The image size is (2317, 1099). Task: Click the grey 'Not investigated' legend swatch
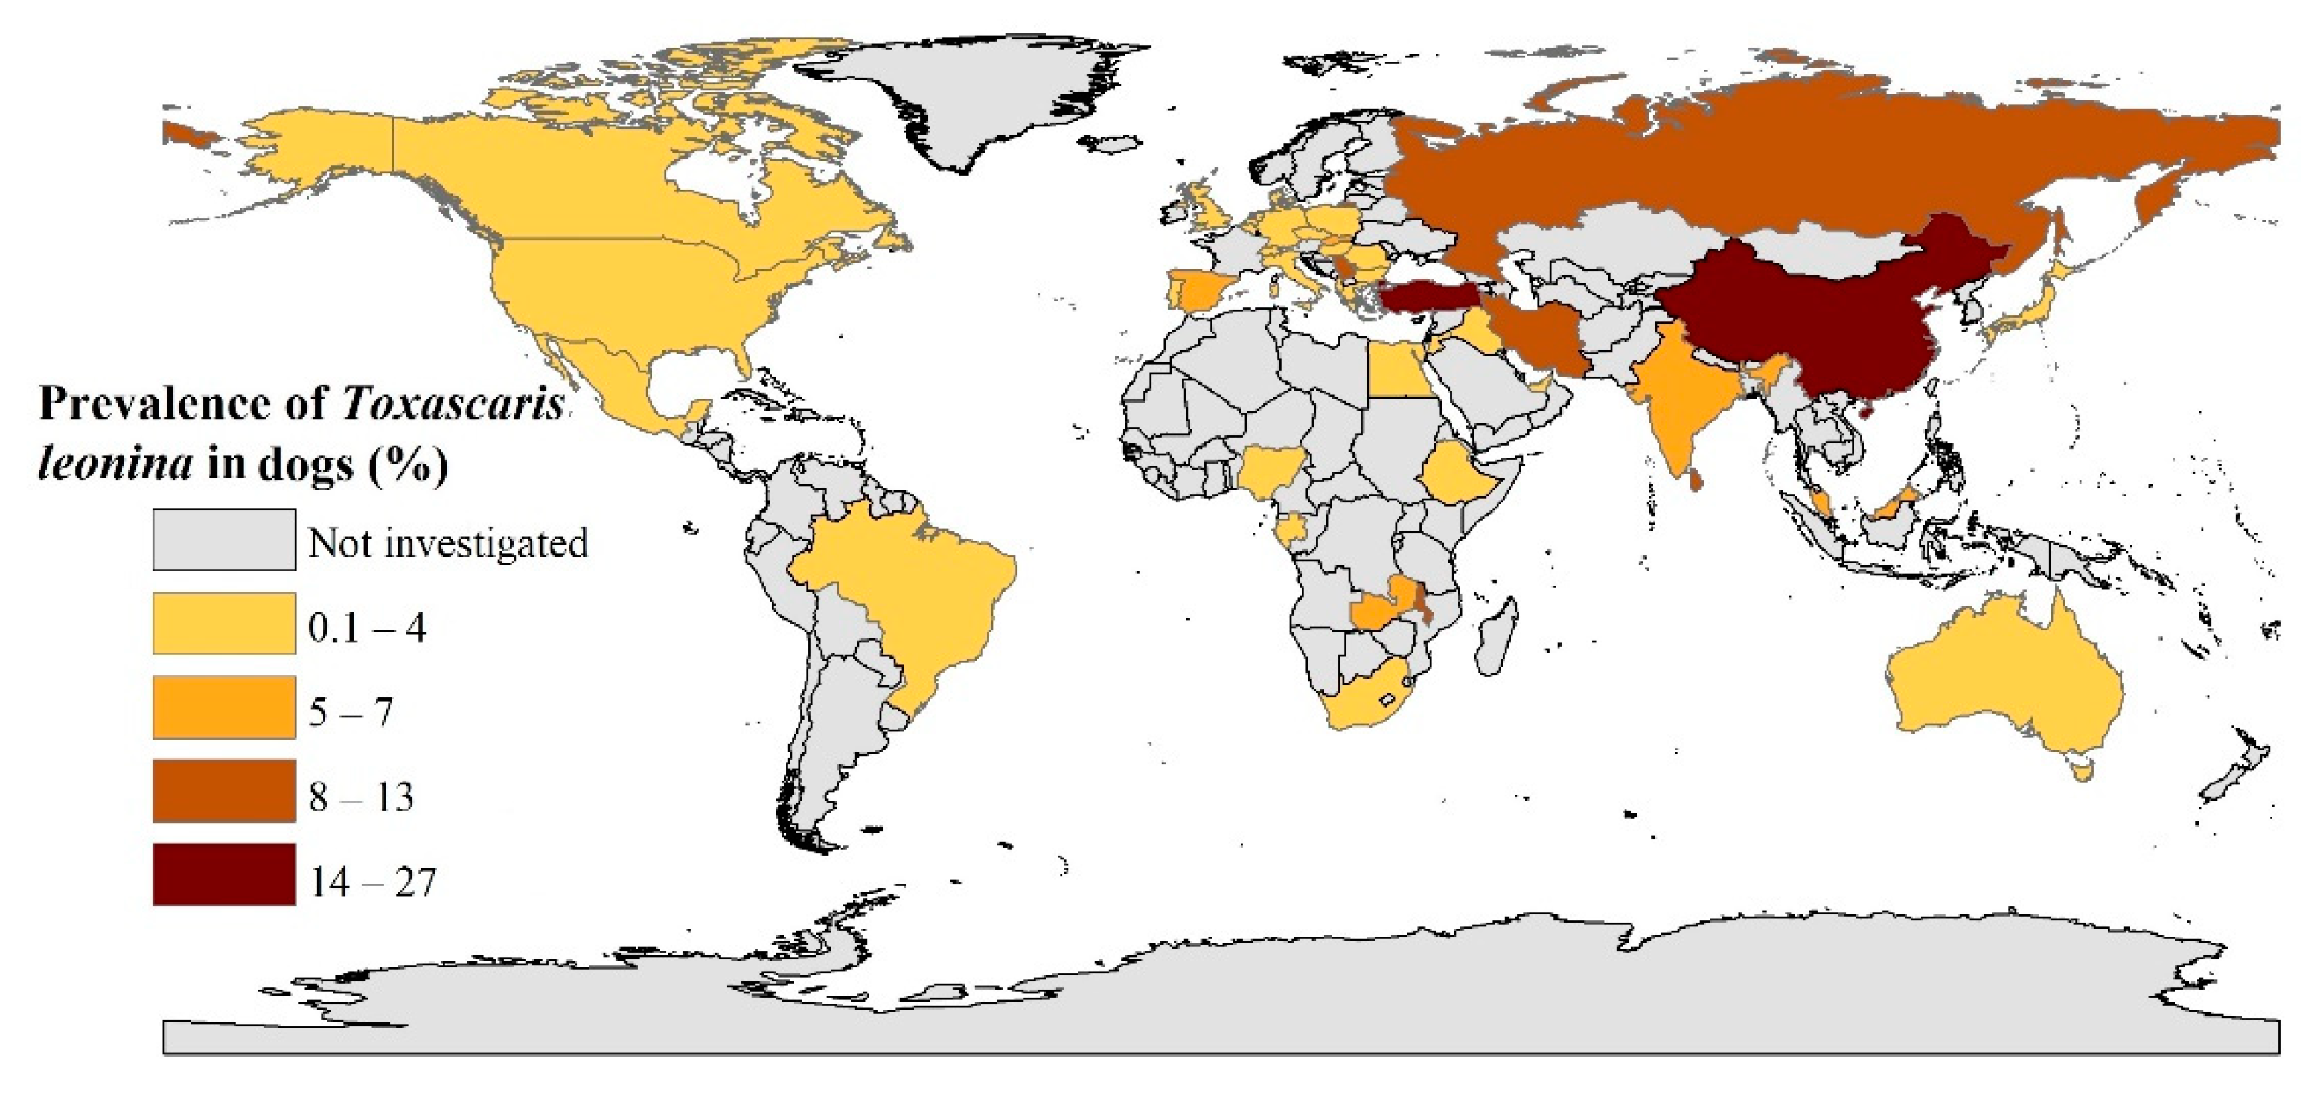pos(224,539)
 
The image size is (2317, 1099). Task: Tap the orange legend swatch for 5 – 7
pos(224,708)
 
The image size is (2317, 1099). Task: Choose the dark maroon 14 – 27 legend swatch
pos(224,874)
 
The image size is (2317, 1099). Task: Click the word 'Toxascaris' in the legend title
pos(453,404)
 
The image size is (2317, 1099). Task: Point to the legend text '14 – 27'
pos(372,882)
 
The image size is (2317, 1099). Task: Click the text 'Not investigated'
pos(448,543)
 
